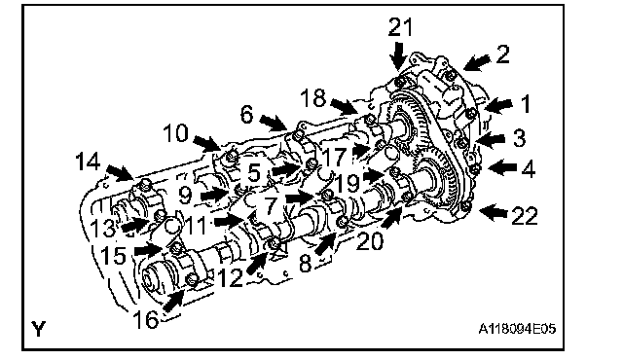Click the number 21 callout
pyautogui.click(x=400, y=27)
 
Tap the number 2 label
pyautogui.click(x=502, y=54)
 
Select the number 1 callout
pyautogui.click(x=526, y=104)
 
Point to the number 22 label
pyautogui.click(x=525, y=216)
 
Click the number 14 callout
pyautogui.click(x=88, y=162)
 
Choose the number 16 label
pyautogui.click(x=145, y=319)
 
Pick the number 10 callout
pyautogui.click(x=175, y=133)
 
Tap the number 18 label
pyautogui.click(x=313, y=97)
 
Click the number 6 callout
pyautogui.click(x=246, y=114)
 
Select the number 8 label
pyautogui.click(x=305, y=264)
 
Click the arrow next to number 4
pyautogui.click(x=502, y=167)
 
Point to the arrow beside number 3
pyautogui.click(x=491, y=139)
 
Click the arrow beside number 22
pyautogui.click(x=494, y=213)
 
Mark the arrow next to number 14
pyautogui.click(x=120, y=172)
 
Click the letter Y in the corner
pyautogui.click(x=39, y=329)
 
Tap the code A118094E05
pyautogui.click(x=517, y=329)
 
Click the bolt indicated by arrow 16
pyautogui.click(x=193, y=279)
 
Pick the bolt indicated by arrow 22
pyautogui.click(x=467, y=205)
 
